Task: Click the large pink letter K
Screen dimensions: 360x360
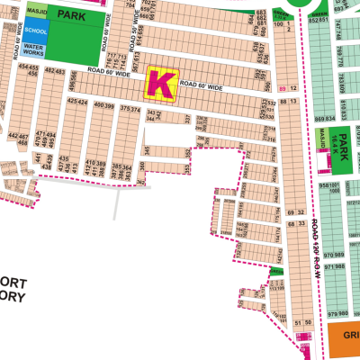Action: (x=160, y=84)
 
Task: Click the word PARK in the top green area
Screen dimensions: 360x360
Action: (x=71, y=15)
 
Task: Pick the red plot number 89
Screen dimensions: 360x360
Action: (x=283, y=89)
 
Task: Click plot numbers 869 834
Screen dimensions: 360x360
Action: (x=325, y=119)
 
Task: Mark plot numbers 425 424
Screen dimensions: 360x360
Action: (x=76, y=102)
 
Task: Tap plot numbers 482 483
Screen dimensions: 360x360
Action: (x=55, y=70)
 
